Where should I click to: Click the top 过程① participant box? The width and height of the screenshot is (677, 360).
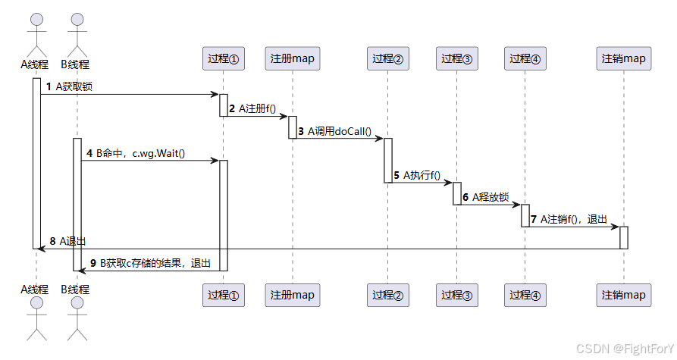coord(224,58)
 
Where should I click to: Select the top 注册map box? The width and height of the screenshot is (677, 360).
coord(292,58)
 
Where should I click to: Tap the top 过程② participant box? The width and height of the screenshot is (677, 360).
coord(387,58)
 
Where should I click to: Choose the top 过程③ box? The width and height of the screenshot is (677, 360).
coord(457,58)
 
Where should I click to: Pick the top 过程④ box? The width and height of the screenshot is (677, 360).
coord(525,58)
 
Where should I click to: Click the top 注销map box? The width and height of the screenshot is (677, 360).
coord(624,58)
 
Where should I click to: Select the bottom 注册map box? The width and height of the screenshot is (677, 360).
coord(292,295)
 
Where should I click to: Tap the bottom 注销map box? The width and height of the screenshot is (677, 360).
coord(624,295)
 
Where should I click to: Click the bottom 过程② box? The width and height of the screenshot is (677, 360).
coord(387,295)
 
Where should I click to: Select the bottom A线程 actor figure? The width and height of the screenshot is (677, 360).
coord(35,318)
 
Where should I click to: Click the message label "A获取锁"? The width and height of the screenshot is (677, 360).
coord(74,86)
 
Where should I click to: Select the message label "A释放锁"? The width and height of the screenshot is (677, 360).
coord(491,197)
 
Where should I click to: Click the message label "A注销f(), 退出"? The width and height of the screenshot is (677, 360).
coord(573,219)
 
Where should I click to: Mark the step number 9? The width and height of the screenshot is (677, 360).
coord(93,263)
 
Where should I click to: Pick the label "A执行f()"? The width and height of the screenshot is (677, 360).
coord(422,175)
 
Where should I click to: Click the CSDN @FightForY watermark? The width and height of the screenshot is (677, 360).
coord(624,348)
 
